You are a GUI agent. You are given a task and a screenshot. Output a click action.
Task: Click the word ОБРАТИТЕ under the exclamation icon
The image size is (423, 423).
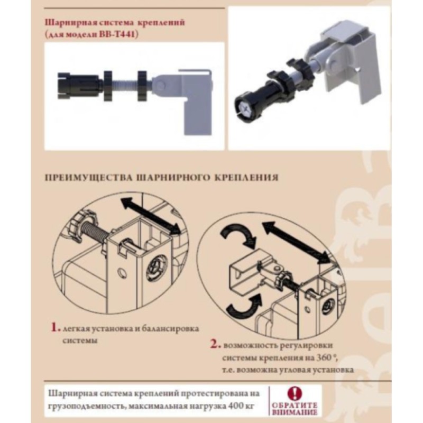294,406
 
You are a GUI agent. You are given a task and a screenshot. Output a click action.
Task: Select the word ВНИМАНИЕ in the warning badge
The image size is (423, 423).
295,412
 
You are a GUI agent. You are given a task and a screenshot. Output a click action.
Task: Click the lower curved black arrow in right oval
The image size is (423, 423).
244,308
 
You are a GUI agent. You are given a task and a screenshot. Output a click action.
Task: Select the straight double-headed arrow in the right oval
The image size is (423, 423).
297,241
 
